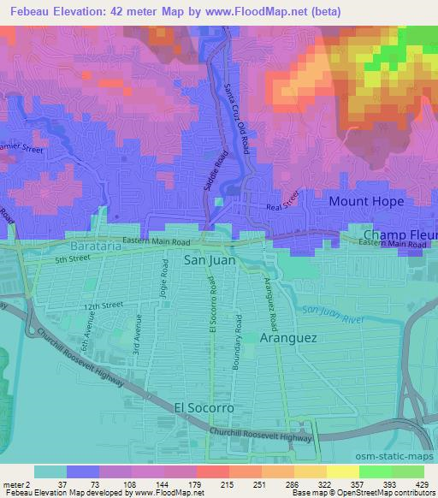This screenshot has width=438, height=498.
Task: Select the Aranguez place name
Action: tap(288, 338)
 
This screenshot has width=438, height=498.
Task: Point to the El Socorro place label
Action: tap(204, 408)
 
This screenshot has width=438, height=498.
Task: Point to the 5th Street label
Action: tap(72, 259)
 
